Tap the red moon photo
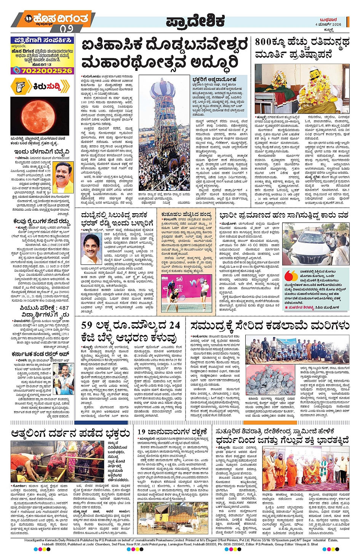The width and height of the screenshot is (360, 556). (x=40, y=115)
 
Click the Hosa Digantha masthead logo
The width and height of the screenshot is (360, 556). (x=56, y=18)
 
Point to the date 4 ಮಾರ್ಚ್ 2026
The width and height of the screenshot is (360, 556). (x=328, y=24)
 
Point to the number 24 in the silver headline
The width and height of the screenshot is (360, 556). (x=174, y=326)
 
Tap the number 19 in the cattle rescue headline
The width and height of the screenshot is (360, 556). (x=142, y=431)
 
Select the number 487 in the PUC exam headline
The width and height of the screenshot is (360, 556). (x=63, y=308)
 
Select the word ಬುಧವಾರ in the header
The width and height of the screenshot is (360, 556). (x=328, y=20)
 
